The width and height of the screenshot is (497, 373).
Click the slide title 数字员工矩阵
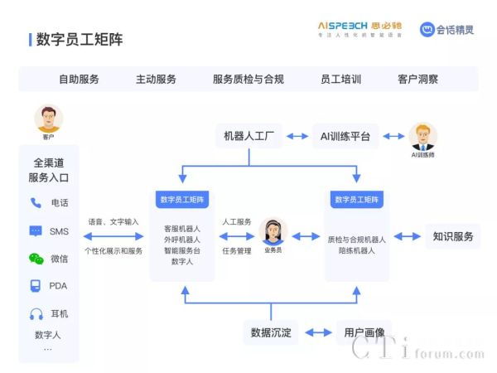[x=79, y=40]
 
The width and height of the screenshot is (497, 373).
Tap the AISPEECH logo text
[x=349, y=27]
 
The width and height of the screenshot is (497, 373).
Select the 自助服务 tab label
[x=79, y=80]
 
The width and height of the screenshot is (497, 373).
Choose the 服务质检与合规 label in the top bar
[x=248, y=80]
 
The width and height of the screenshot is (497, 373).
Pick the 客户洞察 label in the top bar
[x=417, y=80]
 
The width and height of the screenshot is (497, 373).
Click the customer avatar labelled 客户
[x=48, y=119]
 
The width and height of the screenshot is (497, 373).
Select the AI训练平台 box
[x=345, y=135]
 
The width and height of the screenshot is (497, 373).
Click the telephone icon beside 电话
[x=36, y=202]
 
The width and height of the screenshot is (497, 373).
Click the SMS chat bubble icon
[x=36, y=230]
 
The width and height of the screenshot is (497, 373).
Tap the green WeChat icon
[x=36, y=259]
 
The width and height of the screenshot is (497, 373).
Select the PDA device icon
[x=36, y=287]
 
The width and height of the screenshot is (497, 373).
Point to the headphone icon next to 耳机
[x=36, y=314]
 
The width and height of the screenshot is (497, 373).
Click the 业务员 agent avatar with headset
[x=273, y=231]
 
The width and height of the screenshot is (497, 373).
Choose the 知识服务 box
[x=452, y=236]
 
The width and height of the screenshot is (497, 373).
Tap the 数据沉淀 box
[x=272, y=332]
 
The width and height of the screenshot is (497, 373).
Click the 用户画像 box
[x=364, y=332]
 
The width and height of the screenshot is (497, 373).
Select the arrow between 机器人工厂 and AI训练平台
[x=297, y=135]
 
